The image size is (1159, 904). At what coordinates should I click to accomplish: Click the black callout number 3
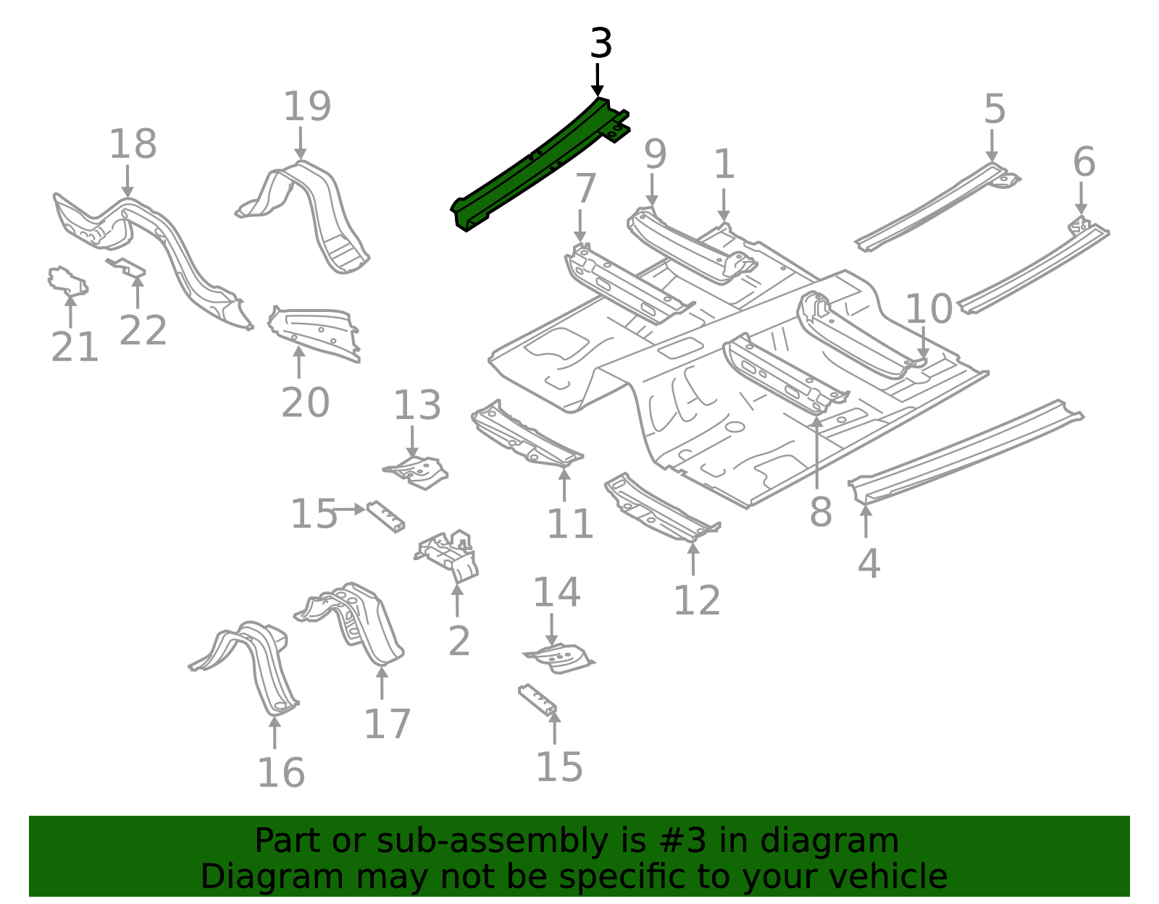tap(601, 44)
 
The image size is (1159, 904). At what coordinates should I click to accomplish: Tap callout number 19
tap(306, 107)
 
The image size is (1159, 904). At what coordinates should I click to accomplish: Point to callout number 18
tap(132, 144)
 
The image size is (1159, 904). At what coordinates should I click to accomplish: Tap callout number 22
tap(143, 331)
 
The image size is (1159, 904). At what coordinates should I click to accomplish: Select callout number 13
tap(417, 405)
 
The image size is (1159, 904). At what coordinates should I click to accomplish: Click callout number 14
tap(556, 593)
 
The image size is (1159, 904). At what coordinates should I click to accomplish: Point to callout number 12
tap(696, 600)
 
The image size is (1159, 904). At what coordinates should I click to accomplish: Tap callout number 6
tap(1084, 162)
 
